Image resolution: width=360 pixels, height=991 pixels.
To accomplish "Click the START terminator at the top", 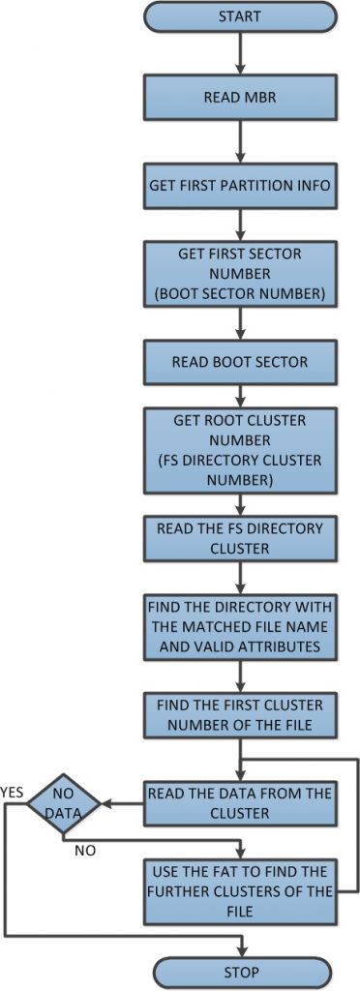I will (239, 15).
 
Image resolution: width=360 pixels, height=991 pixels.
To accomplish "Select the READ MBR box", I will (239, 98).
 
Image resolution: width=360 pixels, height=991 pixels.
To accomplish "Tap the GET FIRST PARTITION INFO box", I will (239, 183).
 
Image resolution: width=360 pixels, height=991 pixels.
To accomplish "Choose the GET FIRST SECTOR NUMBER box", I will (239, 272).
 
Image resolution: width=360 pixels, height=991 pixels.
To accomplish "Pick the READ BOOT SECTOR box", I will (239, 362).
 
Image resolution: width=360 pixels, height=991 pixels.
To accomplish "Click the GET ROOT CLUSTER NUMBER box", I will (239, 451).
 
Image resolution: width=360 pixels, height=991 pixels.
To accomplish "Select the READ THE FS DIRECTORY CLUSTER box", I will (239, 539).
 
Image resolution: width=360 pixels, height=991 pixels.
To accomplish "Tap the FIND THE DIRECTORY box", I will (239, 626).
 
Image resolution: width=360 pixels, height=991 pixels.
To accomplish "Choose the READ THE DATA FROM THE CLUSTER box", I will (239, 802).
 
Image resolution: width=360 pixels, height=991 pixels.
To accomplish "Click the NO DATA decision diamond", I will (64, 803).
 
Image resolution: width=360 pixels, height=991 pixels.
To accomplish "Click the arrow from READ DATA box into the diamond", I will (122, 803).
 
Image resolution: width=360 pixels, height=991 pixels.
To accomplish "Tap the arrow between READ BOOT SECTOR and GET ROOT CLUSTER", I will (239, 395).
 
